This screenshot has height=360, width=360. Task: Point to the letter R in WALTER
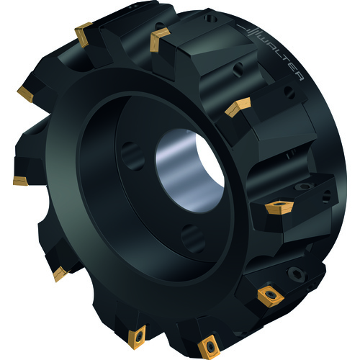click(300, 77)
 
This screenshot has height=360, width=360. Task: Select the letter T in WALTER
click(286, 59)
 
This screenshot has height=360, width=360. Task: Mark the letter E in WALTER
click(294, 68)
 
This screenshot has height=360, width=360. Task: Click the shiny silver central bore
click(190, 171)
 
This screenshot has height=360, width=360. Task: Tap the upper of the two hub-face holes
click(132, 156)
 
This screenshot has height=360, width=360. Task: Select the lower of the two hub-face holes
click(193, 238)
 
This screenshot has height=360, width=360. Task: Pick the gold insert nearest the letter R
click(238, 107)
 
